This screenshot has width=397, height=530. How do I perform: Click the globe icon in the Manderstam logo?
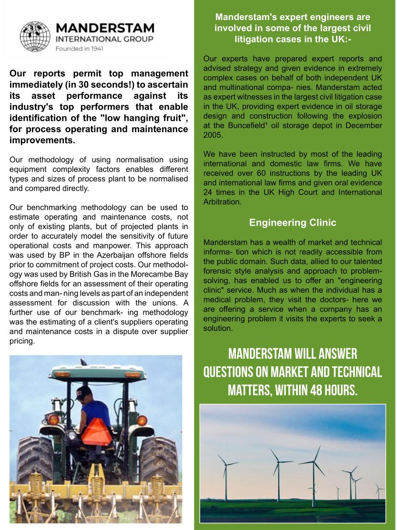pyautogui.click(x=35, y=37)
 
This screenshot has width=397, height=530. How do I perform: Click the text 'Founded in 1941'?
pyautogui.click(x=80, y=49)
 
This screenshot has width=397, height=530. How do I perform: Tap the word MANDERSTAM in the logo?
pyautogui.click(x=105, y=28)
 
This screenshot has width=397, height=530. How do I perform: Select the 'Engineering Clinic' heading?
pyautogui.click(x=293, y=222)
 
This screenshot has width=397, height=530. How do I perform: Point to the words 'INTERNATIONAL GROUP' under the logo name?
pyautogui.click(x=105, y=39)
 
